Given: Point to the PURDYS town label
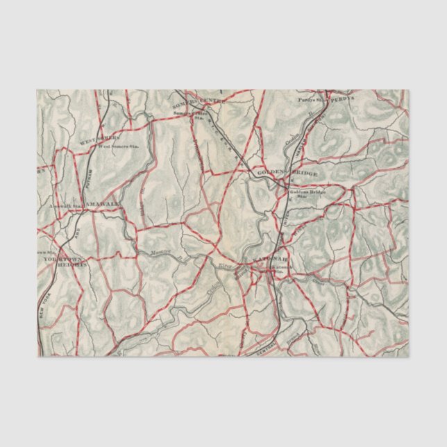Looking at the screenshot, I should click(x=341, y=99).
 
